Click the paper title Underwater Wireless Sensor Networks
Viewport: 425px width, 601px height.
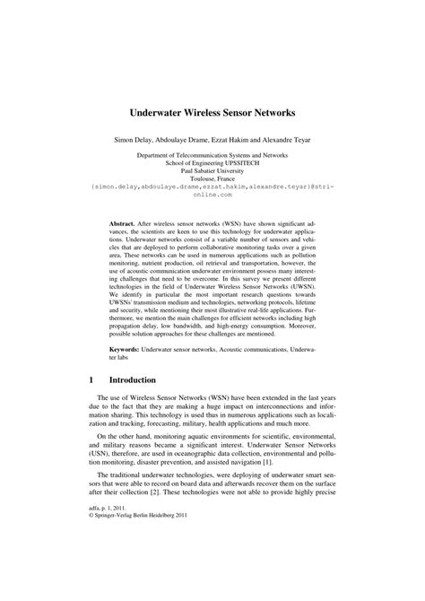pos(212,115)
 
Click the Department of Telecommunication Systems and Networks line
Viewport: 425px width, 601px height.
pos(212,155)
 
